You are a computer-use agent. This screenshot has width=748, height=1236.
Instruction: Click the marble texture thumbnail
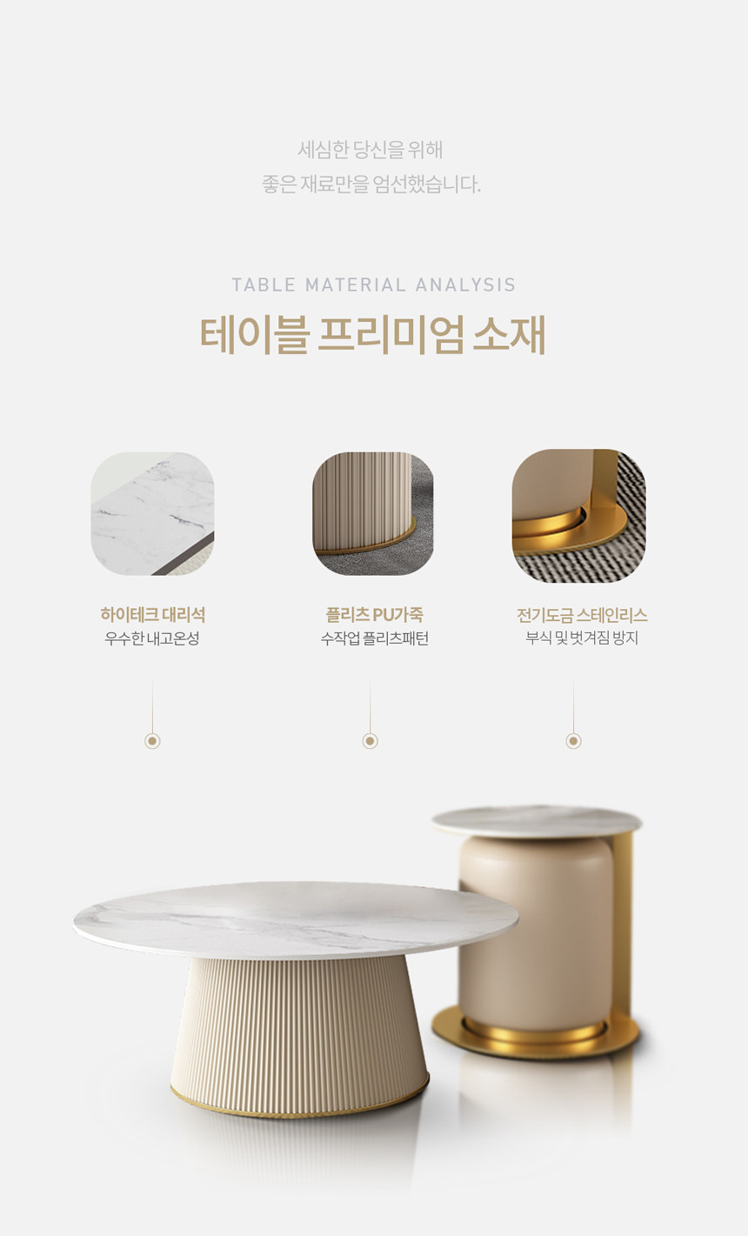pyautogui.click(x=152, y=514)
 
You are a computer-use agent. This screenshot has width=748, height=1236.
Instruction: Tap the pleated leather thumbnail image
pyautogui.click(x=373, y=514)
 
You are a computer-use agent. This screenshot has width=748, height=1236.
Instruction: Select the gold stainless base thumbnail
pyautogui.click(x=578, y=516)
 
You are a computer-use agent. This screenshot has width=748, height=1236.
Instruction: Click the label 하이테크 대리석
pyautogui.click(x=153, y=614)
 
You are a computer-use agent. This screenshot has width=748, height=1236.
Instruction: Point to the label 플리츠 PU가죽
pyautogui.click(x=375, y=614)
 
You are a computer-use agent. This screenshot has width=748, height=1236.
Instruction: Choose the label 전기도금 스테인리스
pyautogui.click(x=582, y=615)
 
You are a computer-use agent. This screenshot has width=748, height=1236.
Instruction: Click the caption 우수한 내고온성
pyautogui.click(x=152, y=638)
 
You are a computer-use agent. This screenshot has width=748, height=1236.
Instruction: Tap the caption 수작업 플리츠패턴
pyautogui.click(x=375, y=638)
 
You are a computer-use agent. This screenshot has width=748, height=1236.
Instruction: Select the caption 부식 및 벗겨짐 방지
pyautogui.click(x=582, y=638)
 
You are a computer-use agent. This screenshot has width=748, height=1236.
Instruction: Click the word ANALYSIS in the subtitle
pyautogui.click(x=465, y=284)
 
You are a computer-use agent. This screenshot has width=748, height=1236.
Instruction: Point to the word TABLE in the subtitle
pyautogui.click(x=264, y=284)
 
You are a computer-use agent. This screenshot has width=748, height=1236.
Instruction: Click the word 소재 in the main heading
pyautogui.click(x=509, y=335)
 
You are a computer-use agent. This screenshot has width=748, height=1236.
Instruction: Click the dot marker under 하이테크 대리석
pyautogui.click(x=152, y=740)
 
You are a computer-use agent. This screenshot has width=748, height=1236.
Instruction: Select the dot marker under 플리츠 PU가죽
pyautogui.click(x=371, y=740)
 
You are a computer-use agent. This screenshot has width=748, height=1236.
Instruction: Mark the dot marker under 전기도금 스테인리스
pyautogui.click(x=574, y=740)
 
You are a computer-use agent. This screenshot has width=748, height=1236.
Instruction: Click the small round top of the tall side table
pyautogui.click(x=537, y=821)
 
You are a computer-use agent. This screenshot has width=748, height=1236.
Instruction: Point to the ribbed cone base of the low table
pyautogui.click(x=299, y=1038)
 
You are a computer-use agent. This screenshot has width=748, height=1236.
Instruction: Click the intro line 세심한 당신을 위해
pyautogui.click(x=371, y=150)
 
